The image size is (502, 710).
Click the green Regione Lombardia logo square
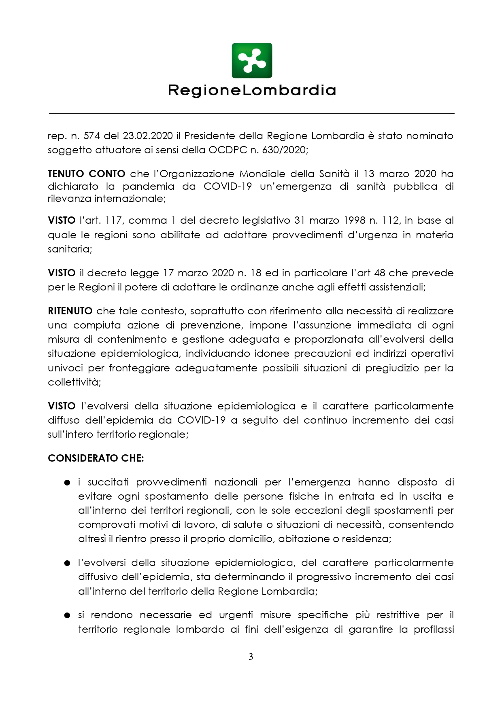251,61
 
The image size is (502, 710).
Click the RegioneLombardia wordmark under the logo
251,90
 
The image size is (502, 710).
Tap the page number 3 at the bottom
251,656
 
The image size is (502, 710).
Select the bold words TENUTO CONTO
87,174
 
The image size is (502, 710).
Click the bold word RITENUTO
70,311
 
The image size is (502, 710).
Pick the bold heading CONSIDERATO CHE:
96,458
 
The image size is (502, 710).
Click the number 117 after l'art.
114,220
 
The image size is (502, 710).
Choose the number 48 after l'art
379,273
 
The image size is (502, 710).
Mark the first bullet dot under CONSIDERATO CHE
67,483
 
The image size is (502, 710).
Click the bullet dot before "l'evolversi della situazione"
67,563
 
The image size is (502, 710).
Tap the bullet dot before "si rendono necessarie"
67,615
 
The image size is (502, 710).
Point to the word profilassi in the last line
434,629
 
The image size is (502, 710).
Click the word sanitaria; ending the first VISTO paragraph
70,249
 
